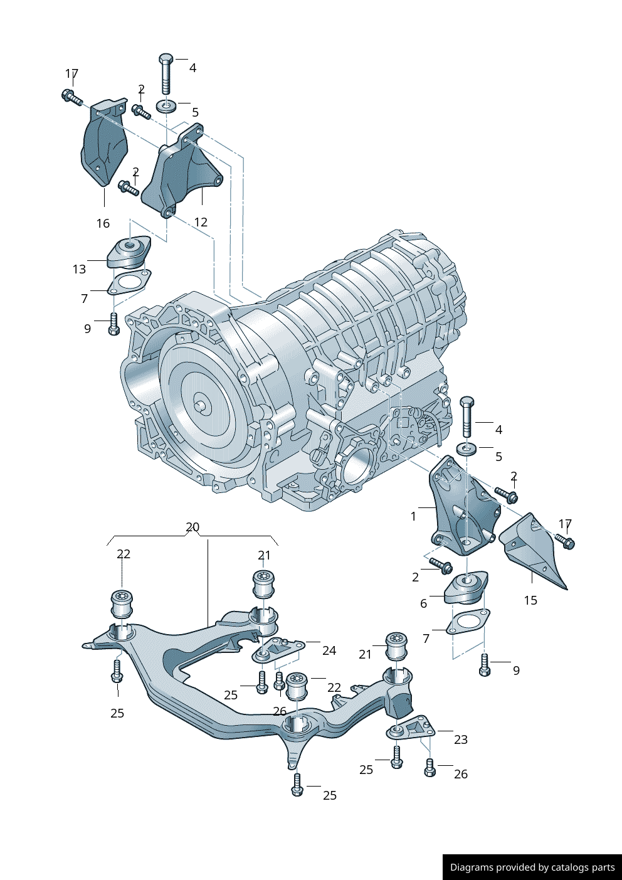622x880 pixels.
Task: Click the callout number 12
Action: [201, 222]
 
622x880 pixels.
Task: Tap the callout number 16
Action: [103, 223]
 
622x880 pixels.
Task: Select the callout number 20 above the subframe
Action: [192, 527]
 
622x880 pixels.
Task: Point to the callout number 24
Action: [329, 651]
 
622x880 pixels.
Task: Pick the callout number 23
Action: [461, 740]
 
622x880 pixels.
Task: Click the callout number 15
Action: [530, 600]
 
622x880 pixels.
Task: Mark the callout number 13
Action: [79, 269]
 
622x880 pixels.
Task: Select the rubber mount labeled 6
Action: [467, 588]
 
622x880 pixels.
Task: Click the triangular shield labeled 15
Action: [533, 549]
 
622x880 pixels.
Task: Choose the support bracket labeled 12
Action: [182, 172]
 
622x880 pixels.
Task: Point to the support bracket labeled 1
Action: [461, 508]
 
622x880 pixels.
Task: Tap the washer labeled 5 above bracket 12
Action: [166, 105]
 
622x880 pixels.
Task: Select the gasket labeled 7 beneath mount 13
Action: [129, 282]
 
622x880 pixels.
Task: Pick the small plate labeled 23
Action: [411, 728]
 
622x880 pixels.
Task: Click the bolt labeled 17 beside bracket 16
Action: [71, 97]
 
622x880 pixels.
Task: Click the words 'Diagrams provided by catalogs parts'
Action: [532, 867]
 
